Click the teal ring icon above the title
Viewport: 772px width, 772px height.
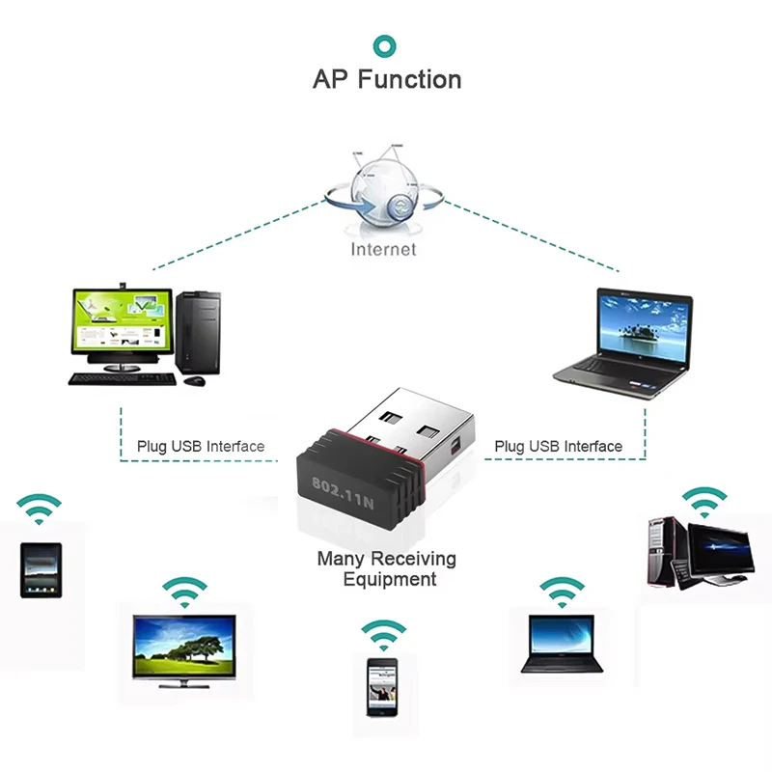pyautogui.click(x=386, y=44)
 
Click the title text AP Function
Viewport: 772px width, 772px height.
pyautogui.click(x=386, y=79)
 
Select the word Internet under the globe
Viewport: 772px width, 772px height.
pyautogui.click(x=383, y=249)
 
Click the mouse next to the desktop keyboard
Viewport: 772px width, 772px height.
pyautogui.click(x=195, y=380)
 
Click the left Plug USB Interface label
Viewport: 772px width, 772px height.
pyautogui.click(x=200, y=447)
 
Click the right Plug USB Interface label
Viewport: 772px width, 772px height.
pyautogui.click(x=558, y=447)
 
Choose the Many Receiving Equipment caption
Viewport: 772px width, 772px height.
pyautogui.click(x=386, y=568)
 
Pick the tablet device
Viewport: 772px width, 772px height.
pyautogui.click(x=41, y=569)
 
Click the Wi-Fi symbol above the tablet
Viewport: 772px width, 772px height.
pyautogui.click(x=40, y=508)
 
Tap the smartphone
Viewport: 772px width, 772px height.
pyautogui.click(x=382, y=685)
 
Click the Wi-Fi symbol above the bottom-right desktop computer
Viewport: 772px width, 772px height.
pyautogui.click(x=704, y=502)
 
